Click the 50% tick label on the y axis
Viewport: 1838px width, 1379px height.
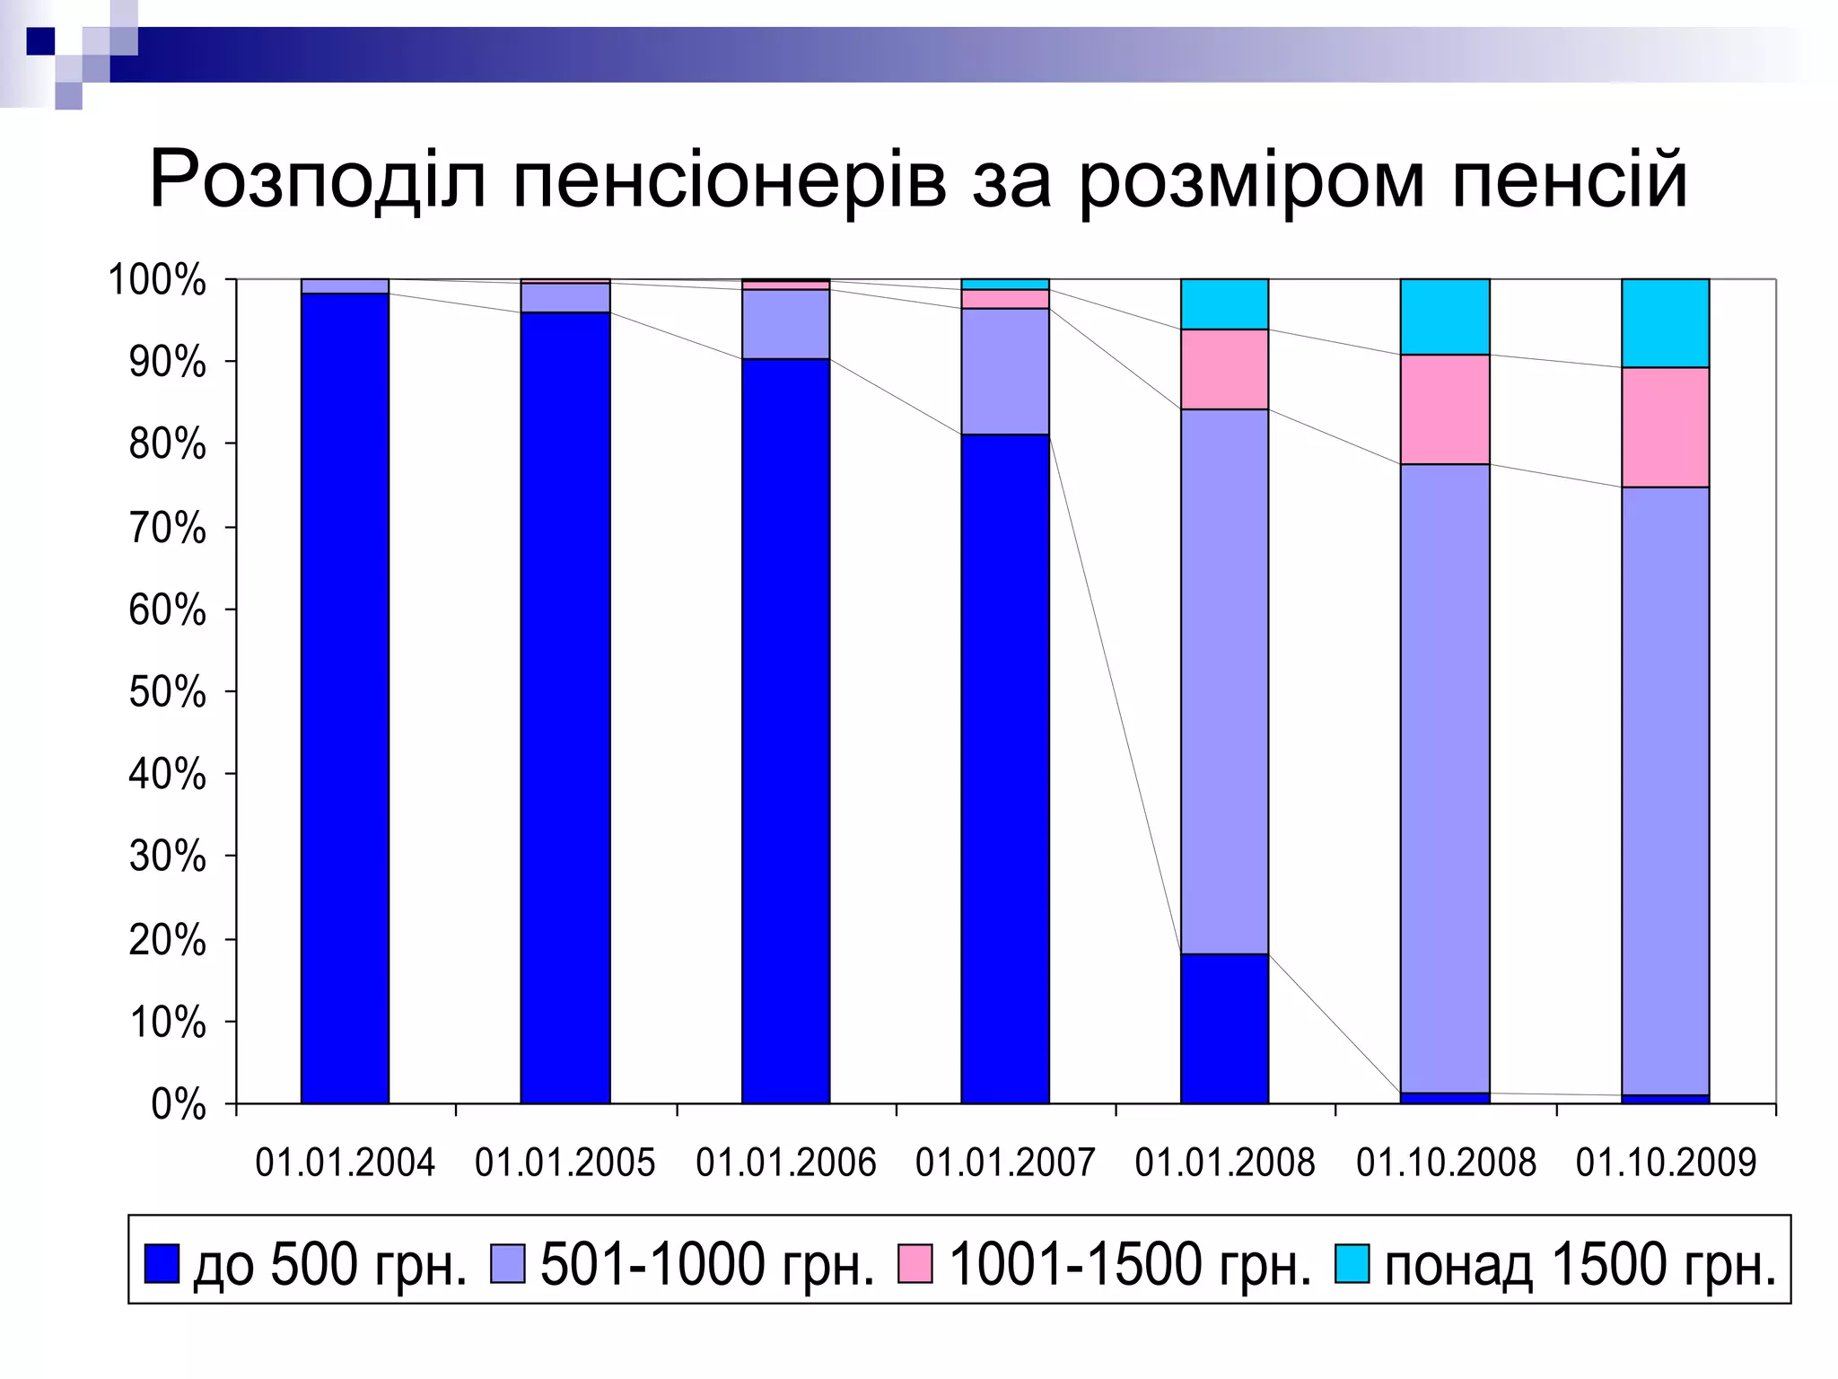click(168, 692)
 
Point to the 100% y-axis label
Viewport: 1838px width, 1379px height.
click(158, 281)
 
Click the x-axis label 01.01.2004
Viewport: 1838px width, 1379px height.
click(346, 1163)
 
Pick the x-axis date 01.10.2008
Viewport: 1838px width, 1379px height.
click(1446, 1163)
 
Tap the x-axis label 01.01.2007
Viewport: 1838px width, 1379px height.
click(1005, 1163)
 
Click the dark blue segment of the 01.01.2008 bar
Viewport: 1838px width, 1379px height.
click(1225, 1028)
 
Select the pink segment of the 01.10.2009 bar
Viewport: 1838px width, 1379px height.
click(1665, 427)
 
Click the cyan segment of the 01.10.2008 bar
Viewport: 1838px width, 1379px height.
click(1445, 317)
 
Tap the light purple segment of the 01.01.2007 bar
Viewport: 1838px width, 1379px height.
click(1005, 372)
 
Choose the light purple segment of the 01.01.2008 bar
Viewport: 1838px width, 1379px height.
click(1225, 681)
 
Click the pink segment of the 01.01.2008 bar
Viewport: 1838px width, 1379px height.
click(1225, 369)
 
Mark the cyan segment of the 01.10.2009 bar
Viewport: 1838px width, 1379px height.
click(1665, 323)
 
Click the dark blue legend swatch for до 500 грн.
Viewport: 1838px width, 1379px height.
click(162, 1263)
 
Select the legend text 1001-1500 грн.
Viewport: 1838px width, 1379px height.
click(1130, 1264)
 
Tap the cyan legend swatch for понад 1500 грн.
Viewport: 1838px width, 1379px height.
click(1352, 1263)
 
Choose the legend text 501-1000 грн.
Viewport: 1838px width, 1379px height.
click(707, 1264)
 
